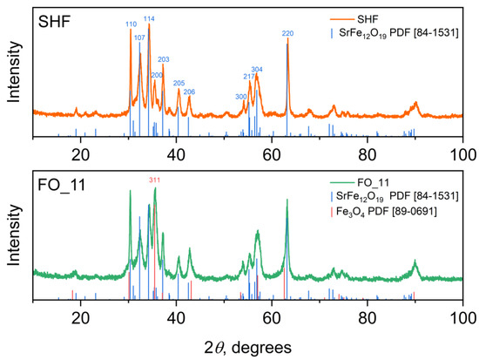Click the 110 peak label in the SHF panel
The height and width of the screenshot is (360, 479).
click(131, 24)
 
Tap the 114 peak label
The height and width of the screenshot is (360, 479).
click(149, 18)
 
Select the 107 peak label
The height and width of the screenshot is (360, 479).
click(139, 37)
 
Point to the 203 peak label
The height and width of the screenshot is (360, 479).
click(163, 59)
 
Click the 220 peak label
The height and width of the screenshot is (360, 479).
click(287, 33)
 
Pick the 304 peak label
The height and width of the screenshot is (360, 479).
click(257, 69)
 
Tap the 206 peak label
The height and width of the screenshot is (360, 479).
click(189, 92)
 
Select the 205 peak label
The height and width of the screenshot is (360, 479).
click(179, 83)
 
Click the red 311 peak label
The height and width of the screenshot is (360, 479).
click(154, 180)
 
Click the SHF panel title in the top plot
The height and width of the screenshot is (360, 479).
click(54, 20)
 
